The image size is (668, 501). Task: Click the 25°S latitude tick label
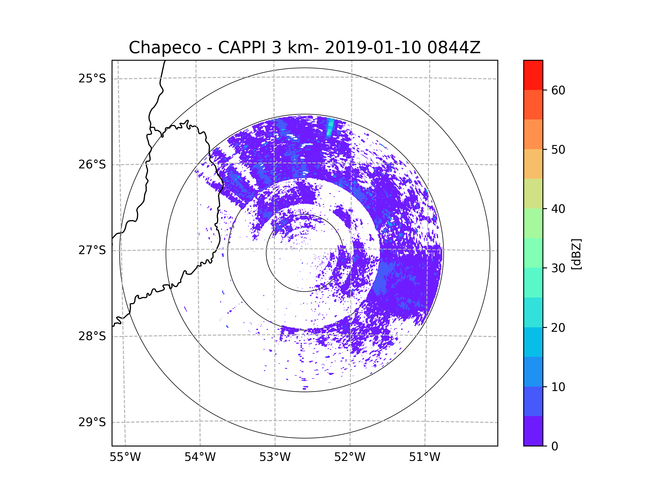click(92, 78)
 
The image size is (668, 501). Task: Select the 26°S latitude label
click(92, 164)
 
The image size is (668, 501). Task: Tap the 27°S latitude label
click(92, 250)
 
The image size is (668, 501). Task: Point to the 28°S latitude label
click(92, 336)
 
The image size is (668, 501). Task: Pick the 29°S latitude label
click(92, 422)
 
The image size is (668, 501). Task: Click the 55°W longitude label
click(125, 457)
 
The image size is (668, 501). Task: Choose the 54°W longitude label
click(200, 457)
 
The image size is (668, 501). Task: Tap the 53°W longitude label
click(275, 457)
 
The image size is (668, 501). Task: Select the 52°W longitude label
click(350, 457)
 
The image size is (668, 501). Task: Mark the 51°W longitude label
click(424, 457)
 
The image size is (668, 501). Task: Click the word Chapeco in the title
click(164, 48)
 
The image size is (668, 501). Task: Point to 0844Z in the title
click(454, 48)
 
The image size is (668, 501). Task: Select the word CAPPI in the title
click(242, 48)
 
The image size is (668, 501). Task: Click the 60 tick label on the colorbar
click(558, 90)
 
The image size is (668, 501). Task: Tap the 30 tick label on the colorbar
click(558, 268)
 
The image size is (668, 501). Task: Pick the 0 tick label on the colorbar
click(555, 446)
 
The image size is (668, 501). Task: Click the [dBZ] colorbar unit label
click(576, 254)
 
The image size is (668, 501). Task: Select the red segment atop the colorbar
click(533, 75)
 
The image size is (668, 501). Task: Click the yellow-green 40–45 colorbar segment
click(533, 193)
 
